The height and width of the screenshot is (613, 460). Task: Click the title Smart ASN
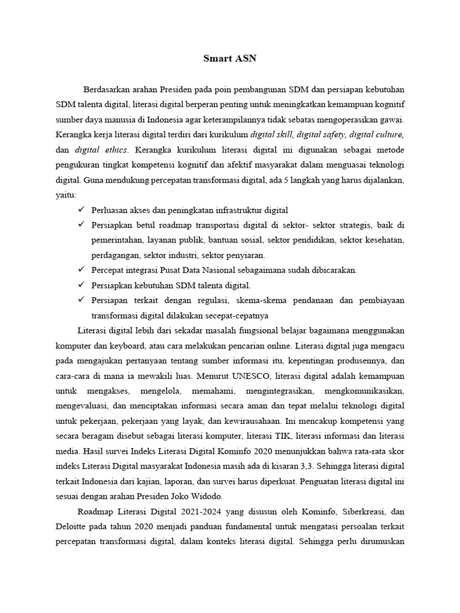[229, 59]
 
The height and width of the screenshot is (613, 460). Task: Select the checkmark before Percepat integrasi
[81, 270]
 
